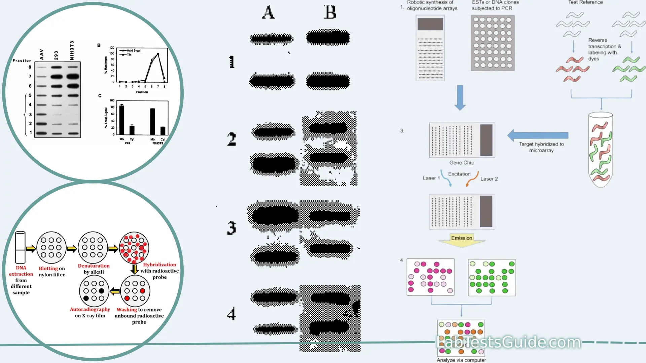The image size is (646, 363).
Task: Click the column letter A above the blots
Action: coord(268,12)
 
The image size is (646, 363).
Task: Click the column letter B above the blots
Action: coord(330,12)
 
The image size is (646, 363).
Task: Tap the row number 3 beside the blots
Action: coord(231,228)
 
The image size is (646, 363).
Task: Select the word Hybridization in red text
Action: coord(159,265)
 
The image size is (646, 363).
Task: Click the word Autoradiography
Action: coord(90,309)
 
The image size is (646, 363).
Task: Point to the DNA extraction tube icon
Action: coord(21,247)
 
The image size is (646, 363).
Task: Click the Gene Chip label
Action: coord(462,163)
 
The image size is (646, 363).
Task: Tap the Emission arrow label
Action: coord(462,238)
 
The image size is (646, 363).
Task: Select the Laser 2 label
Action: coord(489,179)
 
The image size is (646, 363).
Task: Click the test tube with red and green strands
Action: coord(601,150)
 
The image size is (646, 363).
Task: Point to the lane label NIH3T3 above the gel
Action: coord(72,50)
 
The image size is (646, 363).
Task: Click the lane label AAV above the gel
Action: coord(42,54)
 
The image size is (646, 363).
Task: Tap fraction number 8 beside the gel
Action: coord(30,67)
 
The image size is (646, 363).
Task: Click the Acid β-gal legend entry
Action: coord(133,50)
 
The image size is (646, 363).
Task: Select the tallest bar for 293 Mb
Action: coord(122,120)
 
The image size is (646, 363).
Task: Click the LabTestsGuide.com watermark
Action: coord(509,342)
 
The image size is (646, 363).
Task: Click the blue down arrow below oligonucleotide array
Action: coord(460,97)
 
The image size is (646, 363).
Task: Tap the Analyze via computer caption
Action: coord(461,360)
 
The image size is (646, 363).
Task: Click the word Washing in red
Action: coord(127,310)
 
